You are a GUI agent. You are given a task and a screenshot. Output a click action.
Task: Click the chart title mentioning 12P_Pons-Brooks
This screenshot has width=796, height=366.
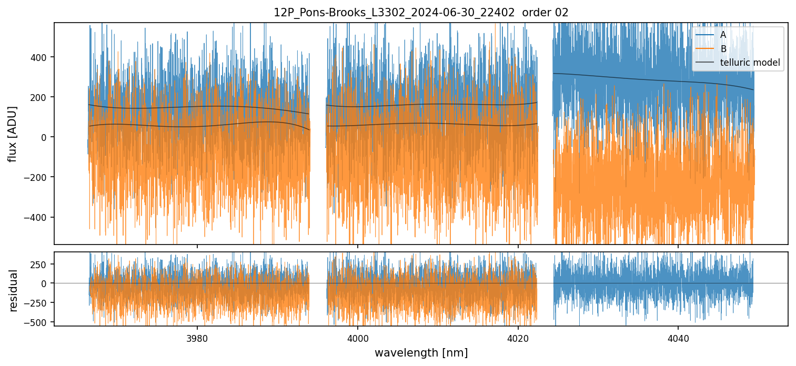(421, 13)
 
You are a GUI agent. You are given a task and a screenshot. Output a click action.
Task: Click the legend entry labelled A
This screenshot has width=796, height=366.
(723, 35)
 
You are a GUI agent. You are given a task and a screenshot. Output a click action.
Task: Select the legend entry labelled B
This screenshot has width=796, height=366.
(723, 49)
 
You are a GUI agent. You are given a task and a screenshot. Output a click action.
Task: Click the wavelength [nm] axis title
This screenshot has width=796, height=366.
(421, 352)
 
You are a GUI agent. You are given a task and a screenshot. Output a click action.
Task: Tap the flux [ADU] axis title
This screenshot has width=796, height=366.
(13, 134)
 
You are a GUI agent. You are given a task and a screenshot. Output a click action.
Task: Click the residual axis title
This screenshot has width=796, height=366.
(14, 290)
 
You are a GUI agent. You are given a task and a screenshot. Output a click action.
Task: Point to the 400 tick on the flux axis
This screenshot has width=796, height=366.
(38, 57)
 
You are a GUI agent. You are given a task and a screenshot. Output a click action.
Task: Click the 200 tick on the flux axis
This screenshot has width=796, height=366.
(38, 97)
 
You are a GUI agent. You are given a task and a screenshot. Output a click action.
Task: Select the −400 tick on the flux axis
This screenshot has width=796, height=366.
(35, 217)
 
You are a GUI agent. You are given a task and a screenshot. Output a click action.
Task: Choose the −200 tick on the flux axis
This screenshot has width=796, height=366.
(35, 177)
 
